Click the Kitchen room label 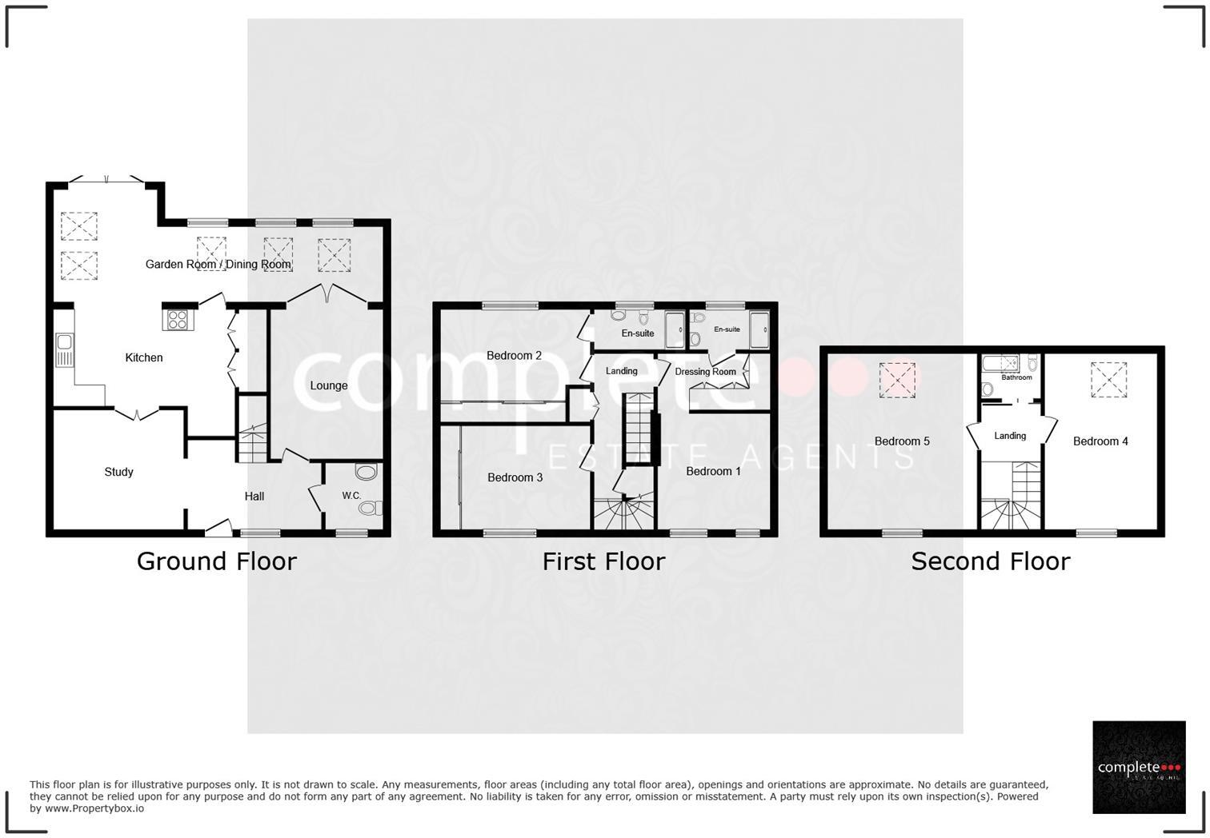[x=144, y=357]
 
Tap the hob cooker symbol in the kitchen [x=176, y=320]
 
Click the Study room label [x=118, y=472]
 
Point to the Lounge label [x=329, y=385]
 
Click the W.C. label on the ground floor [x=351, y=496]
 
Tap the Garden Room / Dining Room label [x=218, y=264]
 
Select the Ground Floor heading [x=216, y=561]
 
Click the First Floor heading [x=603, y=561]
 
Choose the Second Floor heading [x=990, y=561]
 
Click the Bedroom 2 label [x=514, y=356]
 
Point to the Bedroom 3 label [x=515, y=477]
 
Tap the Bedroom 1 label [x=713, y=471]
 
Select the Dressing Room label [x=705, y=372]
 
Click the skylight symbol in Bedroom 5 [x=897, y=380]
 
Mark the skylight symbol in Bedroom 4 [x=1108, y=379]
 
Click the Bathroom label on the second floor [x=1016, y=377]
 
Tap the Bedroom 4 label [x=1100, y=441]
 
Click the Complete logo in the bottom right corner [x=1139, y=768]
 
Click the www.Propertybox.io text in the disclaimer [x=94, y=808]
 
